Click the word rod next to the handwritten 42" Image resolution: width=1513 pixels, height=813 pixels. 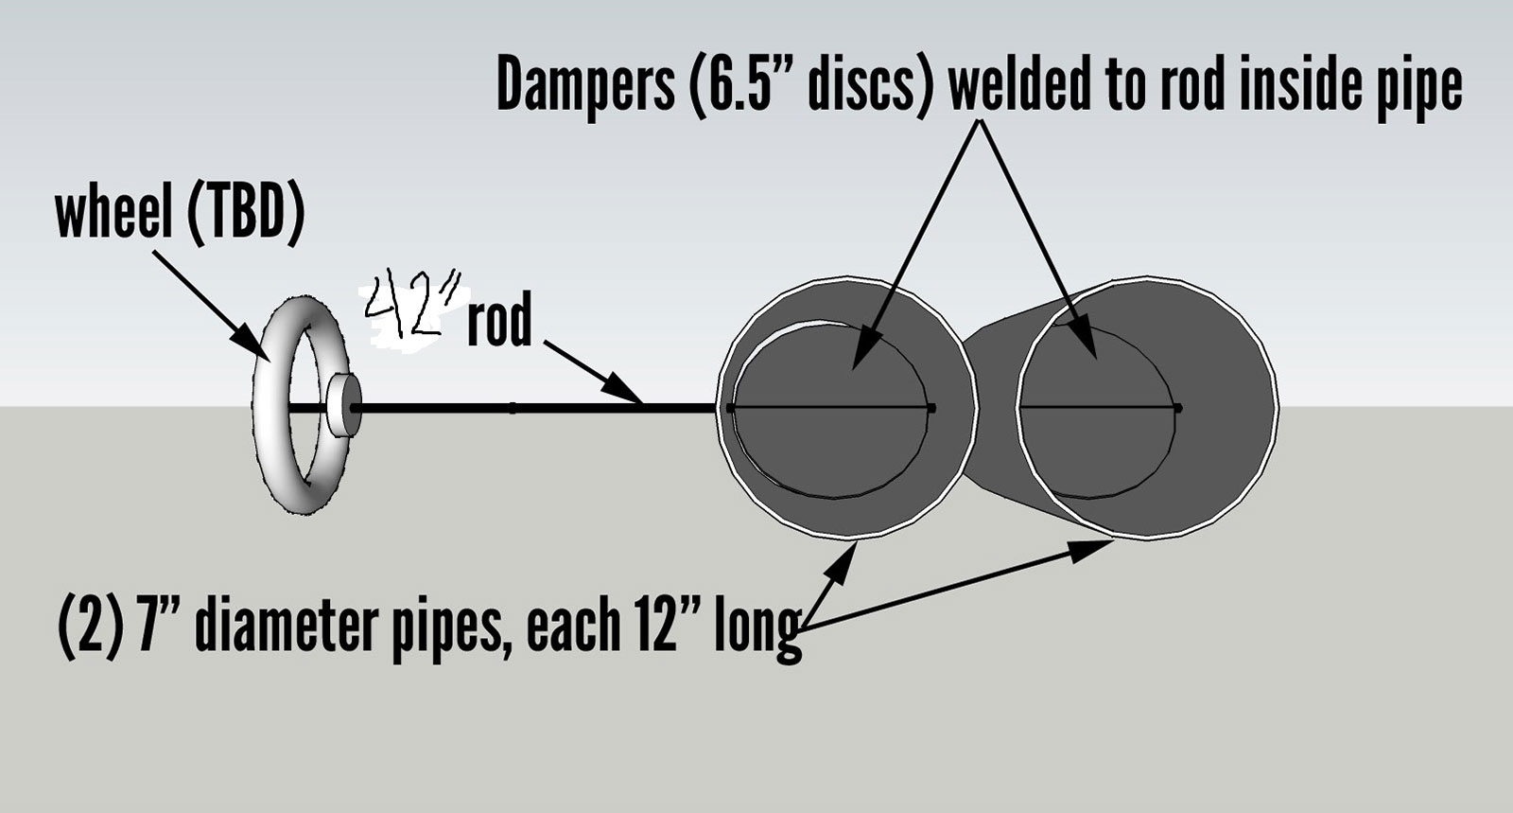click(498, 323)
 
